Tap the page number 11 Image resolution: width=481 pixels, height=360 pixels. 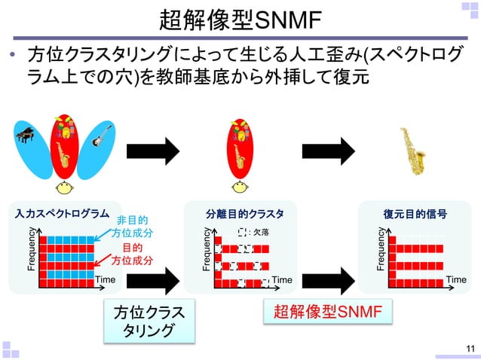pyautogui.click(x=471, y=348)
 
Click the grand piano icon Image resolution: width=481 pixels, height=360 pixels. pyautogui.click(x=25, y=137)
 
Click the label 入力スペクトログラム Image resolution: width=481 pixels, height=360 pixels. pyautogui.click(x=58, y=214)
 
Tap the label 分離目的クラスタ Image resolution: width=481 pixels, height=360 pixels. pyautogui.click(x=245, y=214)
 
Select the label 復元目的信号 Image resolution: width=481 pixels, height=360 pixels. pyautogui.click(x=415, y=214)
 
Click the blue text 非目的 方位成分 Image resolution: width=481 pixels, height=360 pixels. pyautogui.click(x=131, y=227)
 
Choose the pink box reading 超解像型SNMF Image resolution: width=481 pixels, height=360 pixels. pyautogui.click(x=328, y=312)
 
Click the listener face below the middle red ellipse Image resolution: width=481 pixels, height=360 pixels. pyautogui.click(x=240, y=188)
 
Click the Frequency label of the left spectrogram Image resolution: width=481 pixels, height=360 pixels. pyautogui.click(x=32, y=252)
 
